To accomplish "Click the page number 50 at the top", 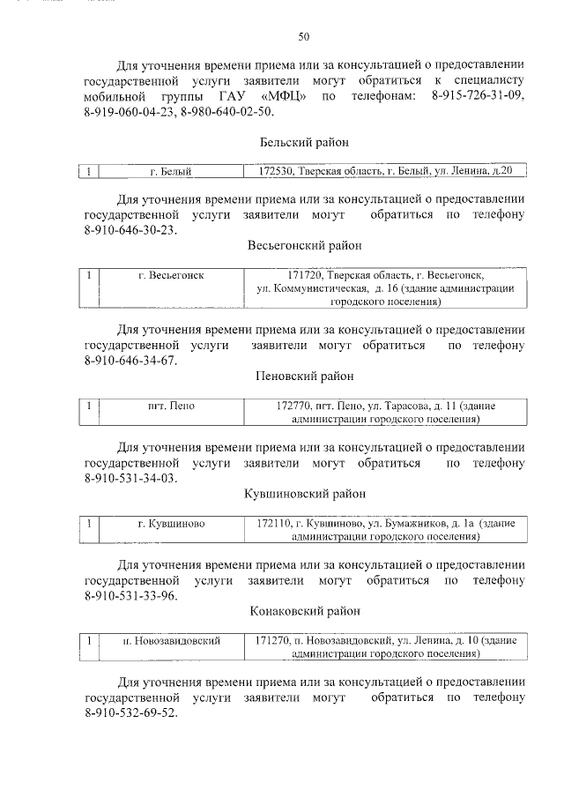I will pyautogui.click(x=304, y=36).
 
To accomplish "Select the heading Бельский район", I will pyautogui.click(x=304, y=141).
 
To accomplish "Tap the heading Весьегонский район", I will pyautogui.click(x=304, y=244).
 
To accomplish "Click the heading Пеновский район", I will pyautogui.click(x=304, y=377).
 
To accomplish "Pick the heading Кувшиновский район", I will pyautogui.click(x=304, y=494).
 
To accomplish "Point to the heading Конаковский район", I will pyautogui.click(x=304, y=611).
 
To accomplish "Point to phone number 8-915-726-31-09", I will pyautogui.click(x=479, y=95).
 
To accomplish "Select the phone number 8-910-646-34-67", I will pyautogui.click(x=130, y=362).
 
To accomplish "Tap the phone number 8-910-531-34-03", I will pyautogui.click(x=130, y=479).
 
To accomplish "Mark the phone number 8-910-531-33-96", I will pyautogui.click(x=130, y=596).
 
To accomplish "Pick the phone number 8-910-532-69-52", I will pyautogui.click(x=130, y=713).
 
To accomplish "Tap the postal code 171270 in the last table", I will pyautogui.click(x=271, y=641).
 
